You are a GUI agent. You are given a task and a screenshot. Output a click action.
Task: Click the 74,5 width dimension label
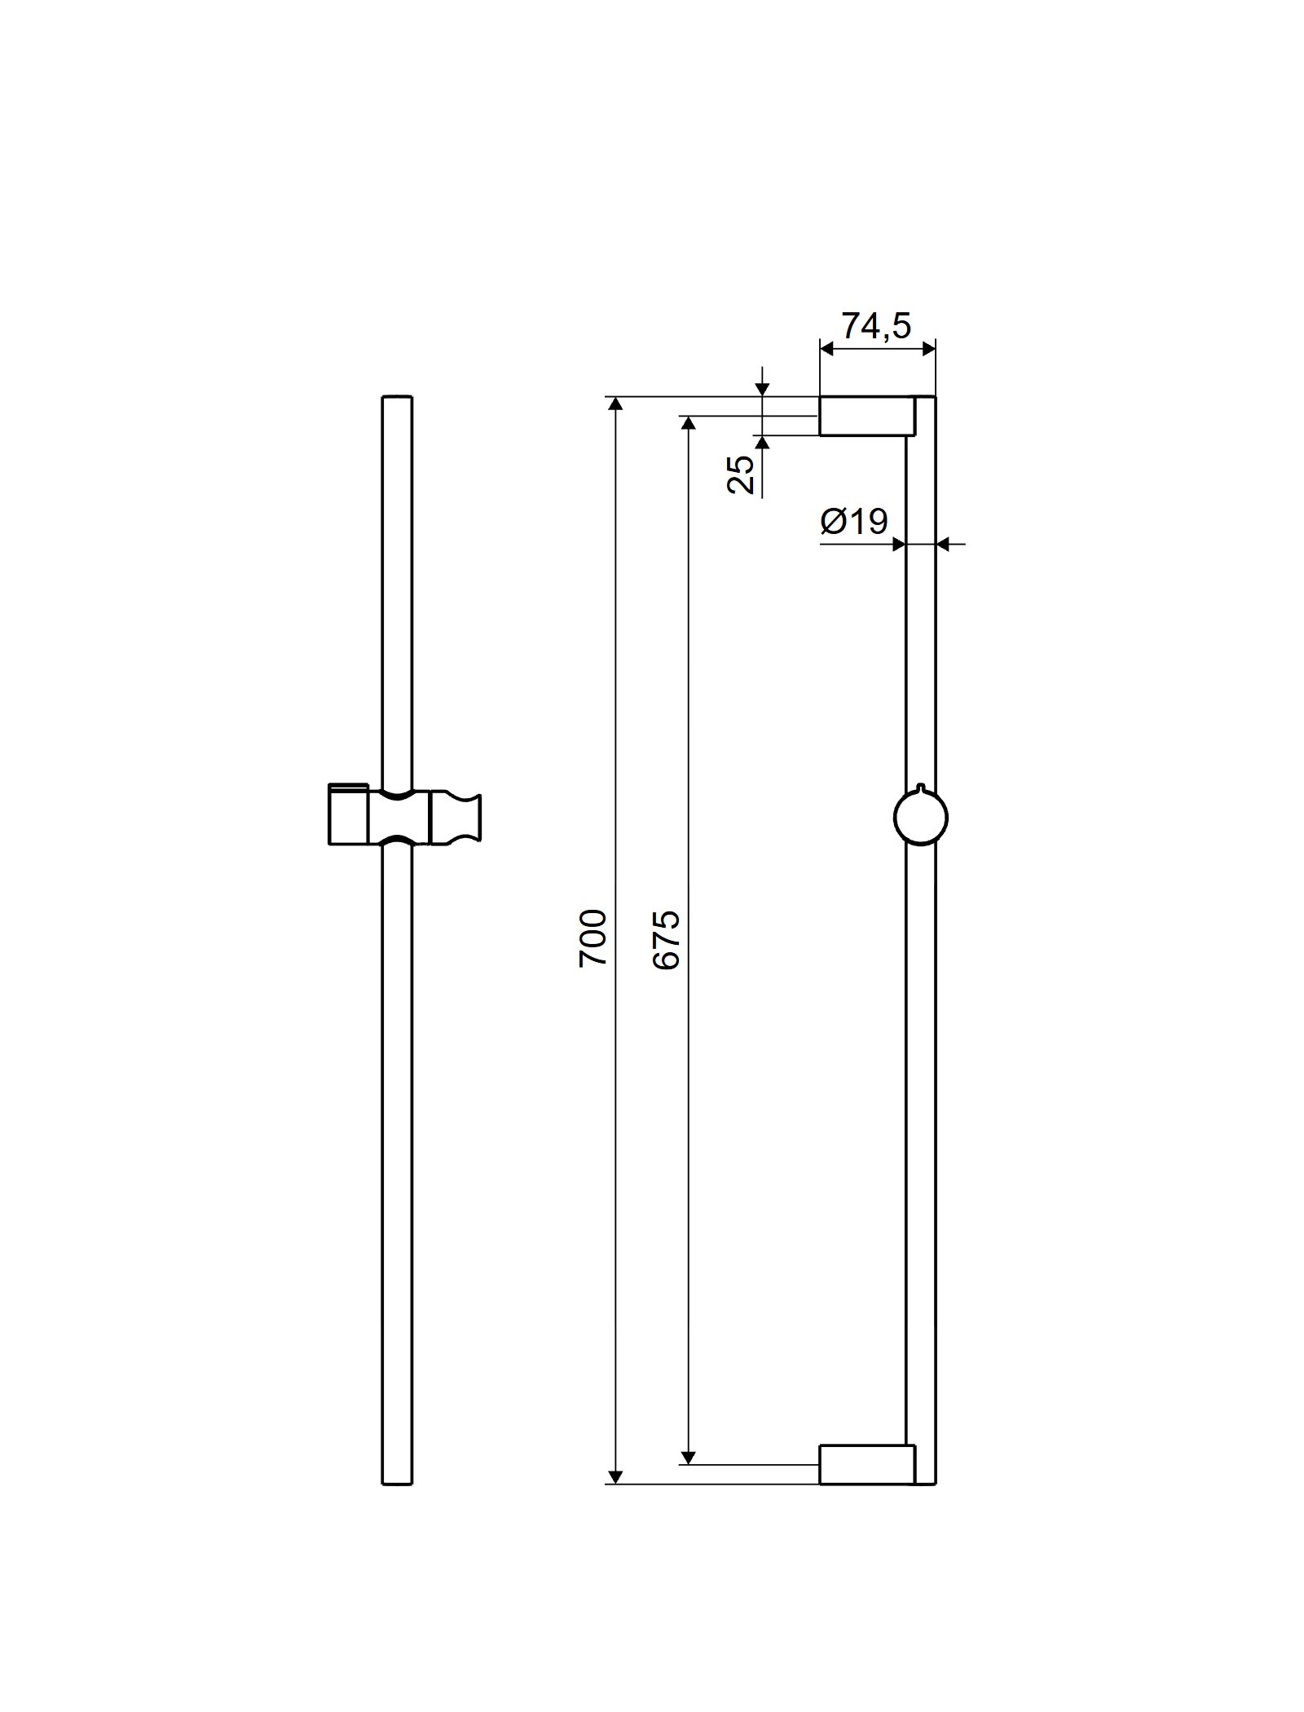pyautogui.click(x=875, y=326)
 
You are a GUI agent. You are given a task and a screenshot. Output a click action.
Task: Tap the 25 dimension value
pyautogui.click(x=740, y=475)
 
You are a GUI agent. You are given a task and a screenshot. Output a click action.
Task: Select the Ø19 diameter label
pyautogui.click(x=854, y=521)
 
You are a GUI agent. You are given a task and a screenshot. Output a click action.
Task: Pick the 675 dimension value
pyautogui.click(x=666, y=940)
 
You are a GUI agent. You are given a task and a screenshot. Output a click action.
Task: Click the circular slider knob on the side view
pyautogui.click(x=921, y=818)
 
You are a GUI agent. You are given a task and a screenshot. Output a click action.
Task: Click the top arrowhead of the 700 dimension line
pyautogui.click(x=615, y=405)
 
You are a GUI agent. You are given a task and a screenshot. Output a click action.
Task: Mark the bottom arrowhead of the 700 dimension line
pyautogui.click(x=615, y=1476)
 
